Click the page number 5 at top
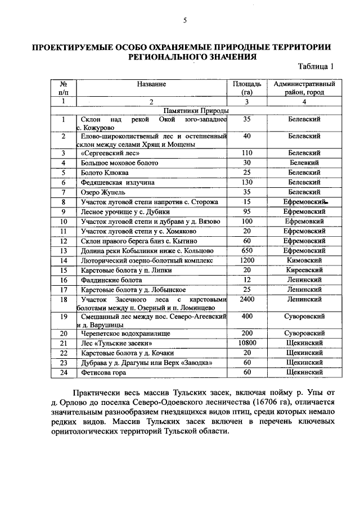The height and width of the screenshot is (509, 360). coord(184,21)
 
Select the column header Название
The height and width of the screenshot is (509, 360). coord(151,84)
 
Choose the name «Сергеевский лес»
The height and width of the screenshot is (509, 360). coord(109,152)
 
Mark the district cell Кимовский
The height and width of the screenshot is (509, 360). coord(304,260)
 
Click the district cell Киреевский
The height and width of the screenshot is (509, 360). coord(304,270)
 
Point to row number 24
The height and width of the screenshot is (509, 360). coord(64,372)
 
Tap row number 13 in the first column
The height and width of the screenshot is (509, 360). coord(64,250)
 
